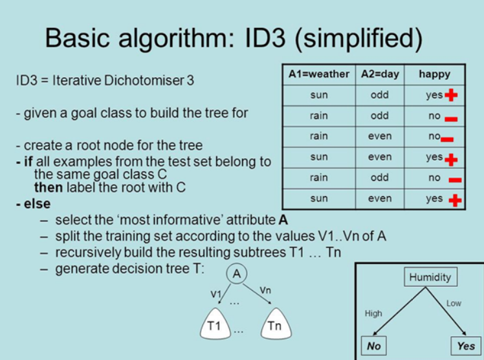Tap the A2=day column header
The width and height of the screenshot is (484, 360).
380,74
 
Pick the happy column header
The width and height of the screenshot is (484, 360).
434,74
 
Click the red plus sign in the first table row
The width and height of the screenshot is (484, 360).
451,95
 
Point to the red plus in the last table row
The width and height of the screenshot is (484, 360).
455,199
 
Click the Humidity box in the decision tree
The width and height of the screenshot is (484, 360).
430,277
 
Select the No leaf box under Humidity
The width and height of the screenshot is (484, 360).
374,346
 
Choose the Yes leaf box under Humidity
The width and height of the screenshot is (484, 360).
465,346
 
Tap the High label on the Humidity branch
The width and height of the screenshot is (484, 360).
374,313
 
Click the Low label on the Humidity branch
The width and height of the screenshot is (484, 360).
454,303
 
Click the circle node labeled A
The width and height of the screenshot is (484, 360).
237,274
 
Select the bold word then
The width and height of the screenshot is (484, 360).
47,188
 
